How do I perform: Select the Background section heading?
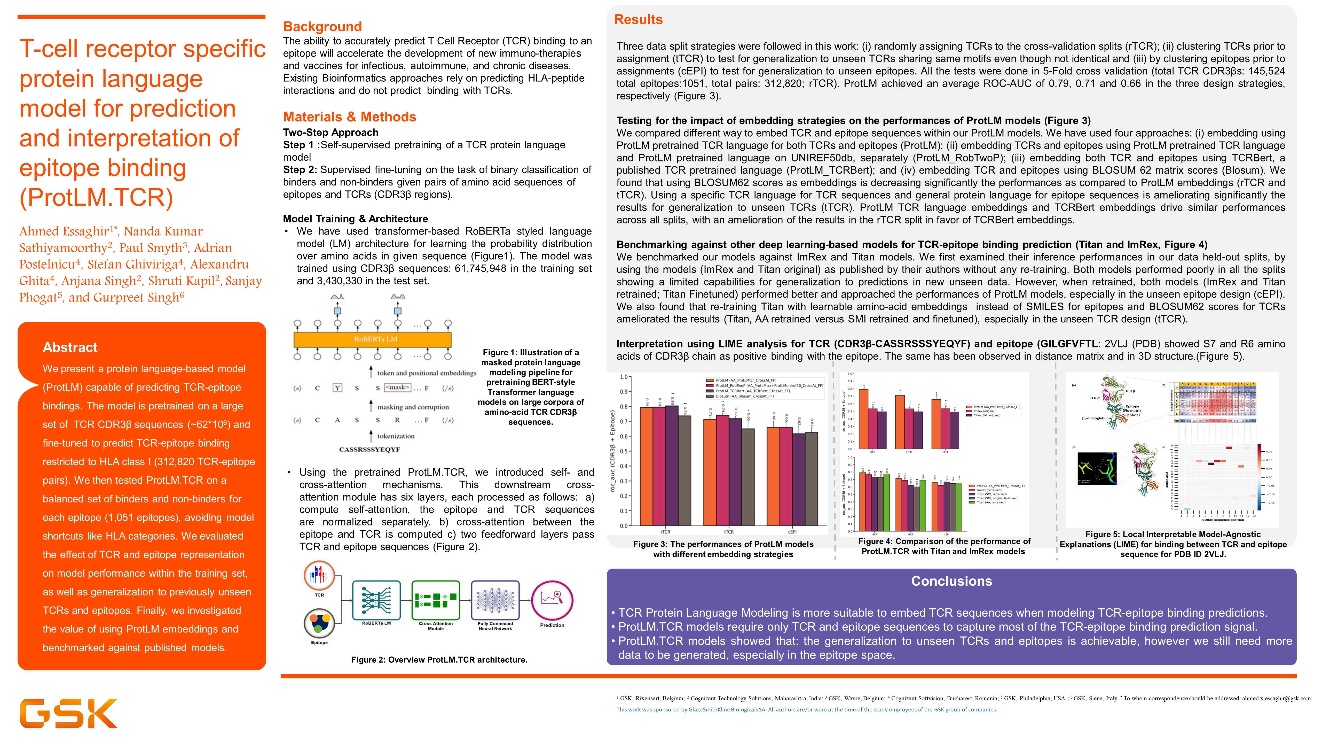pyautogui.click(x=322, y=27)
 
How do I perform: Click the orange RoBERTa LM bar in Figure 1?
pyautogui.click(x=372, y=339)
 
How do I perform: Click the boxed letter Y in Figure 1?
pyautogui.click(x=337, y=388)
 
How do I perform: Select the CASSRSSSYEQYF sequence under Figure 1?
pyautogui.click(x=369, y=449)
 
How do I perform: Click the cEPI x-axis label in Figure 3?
pyautogui.click(x=792, y=532)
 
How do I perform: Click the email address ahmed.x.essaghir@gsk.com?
pyautogui.click(x=1276, y=698)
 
